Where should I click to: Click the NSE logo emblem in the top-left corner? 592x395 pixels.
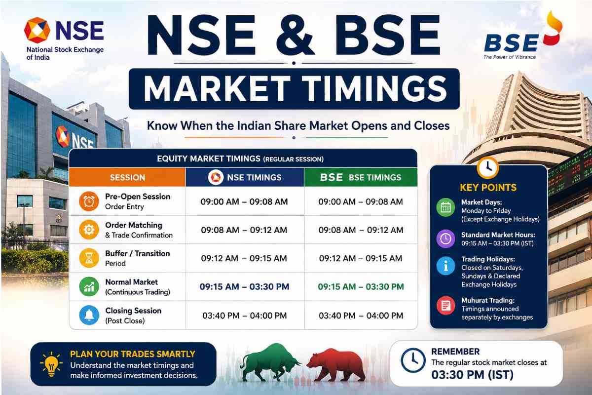(x=37, y=30)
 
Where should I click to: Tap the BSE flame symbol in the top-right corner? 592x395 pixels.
(x=553, y=31)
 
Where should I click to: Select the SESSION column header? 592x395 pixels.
(x=127, y=177)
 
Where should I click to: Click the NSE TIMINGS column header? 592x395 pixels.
(x=245, y=177)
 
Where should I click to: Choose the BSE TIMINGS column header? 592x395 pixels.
(x=361, y=177)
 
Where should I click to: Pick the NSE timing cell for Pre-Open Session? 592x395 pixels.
(x=244, y=202)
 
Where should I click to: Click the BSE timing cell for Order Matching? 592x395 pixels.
(x=361, y=230)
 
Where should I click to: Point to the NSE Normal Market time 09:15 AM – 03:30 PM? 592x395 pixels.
(x=244, y=286)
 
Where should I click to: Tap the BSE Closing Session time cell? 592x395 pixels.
(x=361, y=316)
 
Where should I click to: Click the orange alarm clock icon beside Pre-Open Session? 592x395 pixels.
(x=89, y=201)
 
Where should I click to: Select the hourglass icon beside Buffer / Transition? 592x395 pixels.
(x=89, y=258)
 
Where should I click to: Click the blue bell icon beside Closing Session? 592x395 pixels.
(x=89, y=315)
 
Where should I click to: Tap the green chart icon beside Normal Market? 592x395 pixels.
(x=89, y=286)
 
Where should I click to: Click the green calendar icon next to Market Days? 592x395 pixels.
(x=445, y=207)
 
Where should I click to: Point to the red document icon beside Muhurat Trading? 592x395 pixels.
(x=445, y=306)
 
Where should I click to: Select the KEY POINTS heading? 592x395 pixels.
(x=488, y=187)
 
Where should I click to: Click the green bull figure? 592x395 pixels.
(x=269, y=362)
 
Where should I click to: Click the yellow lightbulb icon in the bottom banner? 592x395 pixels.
(x=51, y=364)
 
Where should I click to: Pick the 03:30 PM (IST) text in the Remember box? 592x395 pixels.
(x=472, y=375)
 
